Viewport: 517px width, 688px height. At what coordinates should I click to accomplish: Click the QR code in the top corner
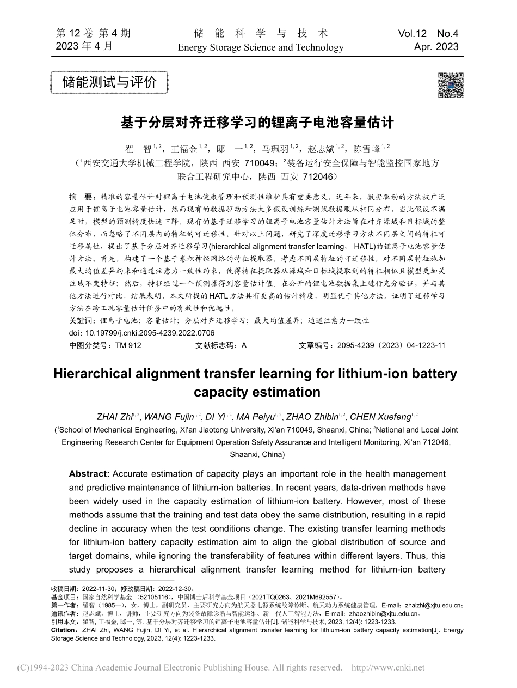click(x=450, y=85)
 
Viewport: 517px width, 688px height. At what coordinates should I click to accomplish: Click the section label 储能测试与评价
click(x=109, y=83)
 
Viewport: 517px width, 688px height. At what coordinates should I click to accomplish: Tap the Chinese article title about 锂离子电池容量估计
click(x=257, y=122)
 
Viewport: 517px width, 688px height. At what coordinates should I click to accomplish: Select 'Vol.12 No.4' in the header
click(x=428, y=34)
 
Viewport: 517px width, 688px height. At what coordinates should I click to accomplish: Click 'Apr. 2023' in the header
click(x=436, y=47)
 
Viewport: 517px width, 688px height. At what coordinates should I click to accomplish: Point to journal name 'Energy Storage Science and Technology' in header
click(x=261, y=47)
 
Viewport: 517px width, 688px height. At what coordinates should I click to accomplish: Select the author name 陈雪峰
click(x=366, y=148)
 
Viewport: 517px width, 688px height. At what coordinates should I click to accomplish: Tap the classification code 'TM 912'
click(x=128, y=345)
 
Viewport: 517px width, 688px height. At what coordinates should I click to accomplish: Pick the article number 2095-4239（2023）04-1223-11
click(x=391, y=345)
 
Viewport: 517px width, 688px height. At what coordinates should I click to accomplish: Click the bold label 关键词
click(x=81, y=321)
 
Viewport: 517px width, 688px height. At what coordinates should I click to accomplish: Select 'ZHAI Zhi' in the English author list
click(x=113, y=417)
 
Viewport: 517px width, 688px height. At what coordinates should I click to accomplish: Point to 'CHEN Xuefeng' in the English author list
click(x=380, y=417)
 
